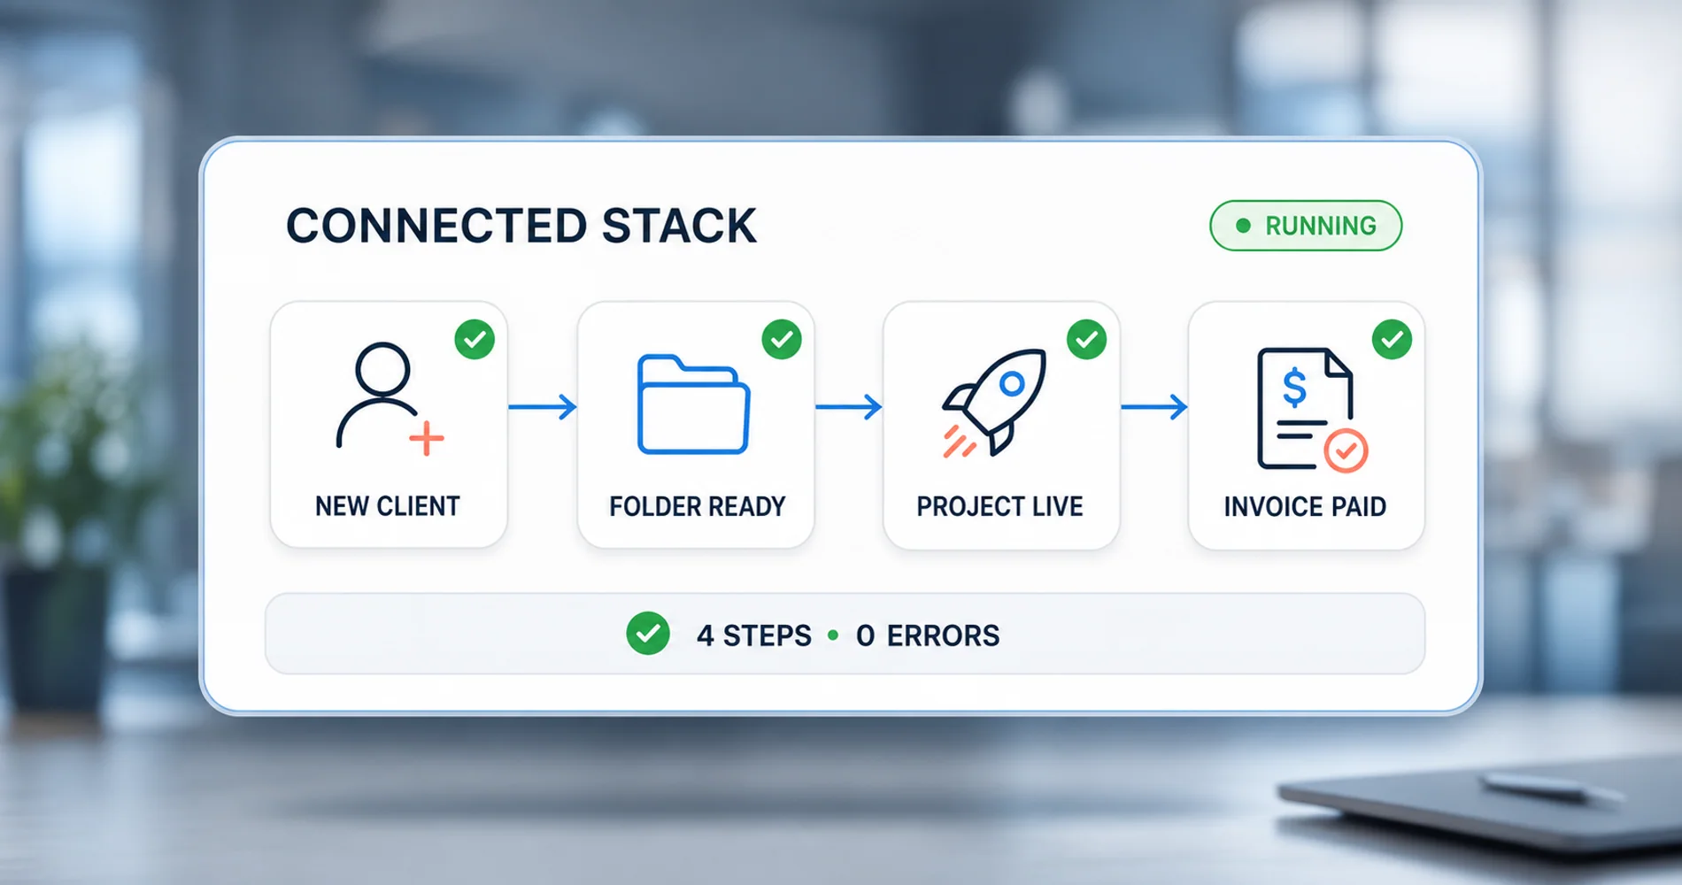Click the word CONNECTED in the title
436,226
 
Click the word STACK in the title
680,226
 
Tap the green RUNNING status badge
1306,226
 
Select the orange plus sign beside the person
427,439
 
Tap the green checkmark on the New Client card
475,339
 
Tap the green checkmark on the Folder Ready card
782,339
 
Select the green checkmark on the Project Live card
1087,339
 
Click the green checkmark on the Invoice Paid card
1393,339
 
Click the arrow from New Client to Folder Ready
543,407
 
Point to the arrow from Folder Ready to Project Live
849,407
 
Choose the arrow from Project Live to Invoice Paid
1154,407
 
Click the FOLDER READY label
698,506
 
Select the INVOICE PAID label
1305,506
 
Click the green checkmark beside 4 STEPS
648,634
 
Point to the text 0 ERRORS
928,635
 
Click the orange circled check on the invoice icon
1346,450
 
